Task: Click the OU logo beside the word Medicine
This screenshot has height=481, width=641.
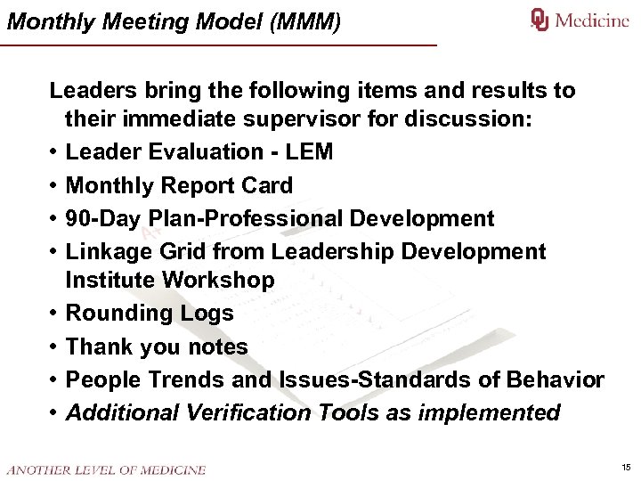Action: pyautogui.click(x=540, y=20)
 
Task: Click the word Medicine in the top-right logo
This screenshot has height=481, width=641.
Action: pyautogui.click(x=592, y=20)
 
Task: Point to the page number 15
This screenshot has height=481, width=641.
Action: pyautogui.click(x=626, y=468)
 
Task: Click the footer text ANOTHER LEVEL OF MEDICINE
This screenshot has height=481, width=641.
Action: pyautogui.click(x=106, y=469)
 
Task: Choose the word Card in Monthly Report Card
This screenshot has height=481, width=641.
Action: pyautogui.click(x=267, y=186)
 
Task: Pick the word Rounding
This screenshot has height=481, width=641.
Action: pyautogui.click(x=113, y=314)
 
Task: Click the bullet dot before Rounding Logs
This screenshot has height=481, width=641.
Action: pyautogui.click(x=54, y=314)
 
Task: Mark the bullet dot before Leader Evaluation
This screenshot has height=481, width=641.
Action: pyautogui.click(x=54, y=152)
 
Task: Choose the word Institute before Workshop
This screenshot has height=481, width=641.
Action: pyautogui.click(x=110, y=281)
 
